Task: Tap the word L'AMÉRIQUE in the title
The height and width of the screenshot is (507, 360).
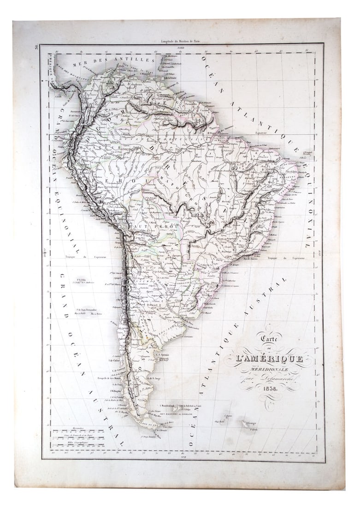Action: (x=270, y=358)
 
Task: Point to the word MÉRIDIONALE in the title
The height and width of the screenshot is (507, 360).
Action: (x=269, y=369)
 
